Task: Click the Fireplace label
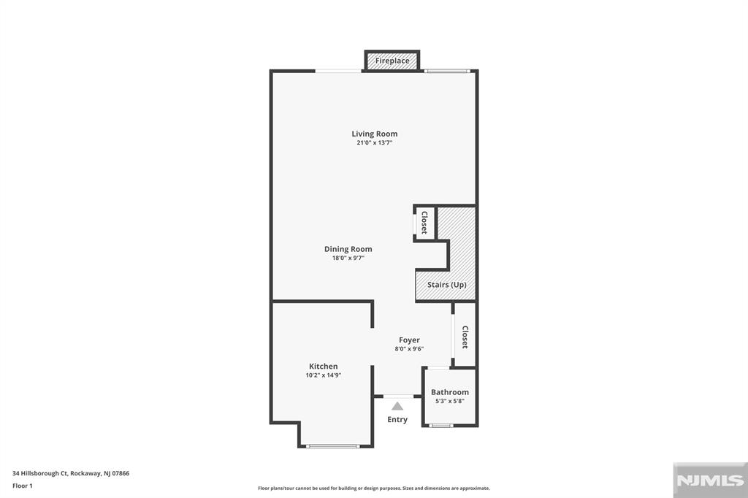click(x=392, y=61)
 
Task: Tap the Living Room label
click(x=374, y=134)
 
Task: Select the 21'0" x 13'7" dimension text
click(x=374, y=143)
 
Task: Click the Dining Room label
click(x=348, y=249)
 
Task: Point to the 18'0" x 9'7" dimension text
click(x=348, y=258)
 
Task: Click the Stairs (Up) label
click(x=446, y=285)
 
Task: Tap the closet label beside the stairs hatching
click(x=424, y=223)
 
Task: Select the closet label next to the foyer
click(x=465, y=337)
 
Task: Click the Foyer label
click(x=409, y=340)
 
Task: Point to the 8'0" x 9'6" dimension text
click(x=409, y=349)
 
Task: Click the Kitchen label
click(x=323, y=366)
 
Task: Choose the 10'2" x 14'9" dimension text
click(x=323, y=375)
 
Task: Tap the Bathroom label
click(x=449, y=392)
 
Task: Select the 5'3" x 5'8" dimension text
click(x=449, y=402)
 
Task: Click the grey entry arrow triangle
click(x=397, y=406)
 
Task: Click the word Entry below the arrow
click(x=397, y=419)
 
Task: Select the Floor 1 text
click(x=23, y=485)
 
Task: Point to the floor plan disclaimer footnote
click(x=373, y=488)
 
